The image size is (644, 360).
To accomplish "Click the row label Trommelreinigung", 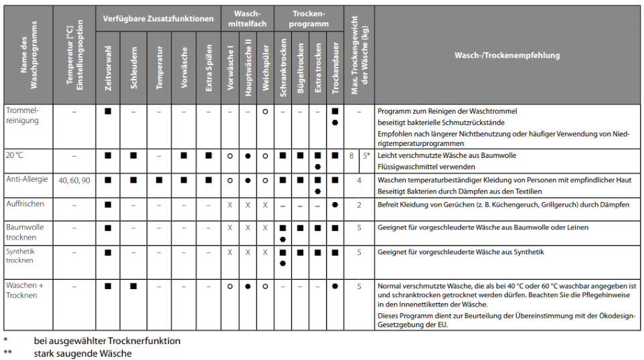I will click(x=23, y=115).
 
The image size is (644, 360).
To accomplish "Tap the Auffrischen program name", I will click(x=25, y=203).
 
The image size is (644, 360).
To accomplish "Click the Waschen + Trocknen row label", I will click(x=25, y=290).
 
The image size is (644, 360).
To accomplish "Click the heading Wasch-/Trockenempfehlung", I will click(x=507, y=56).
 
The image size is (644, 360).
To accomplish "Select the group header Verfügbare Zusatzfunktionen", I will click(x=159, y=19).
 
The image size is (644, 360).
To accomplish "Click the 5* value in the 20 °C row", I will click(x=366, y=155).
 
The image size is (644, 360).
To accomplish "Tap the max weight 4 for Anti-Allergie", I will click(x=359, y=180).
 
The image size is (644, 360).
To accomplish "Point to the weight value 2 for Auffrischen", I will click(x=359, y=205).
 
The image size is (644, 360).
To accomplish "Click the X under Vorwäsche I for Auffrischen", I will click(x=230, y=204).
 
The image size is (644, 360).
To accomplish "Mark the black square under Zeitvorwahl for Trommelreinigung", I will click(x=108, y=110).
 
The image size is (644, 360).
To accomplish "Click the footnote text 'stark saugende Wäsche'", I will click(x=82, y=353).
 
